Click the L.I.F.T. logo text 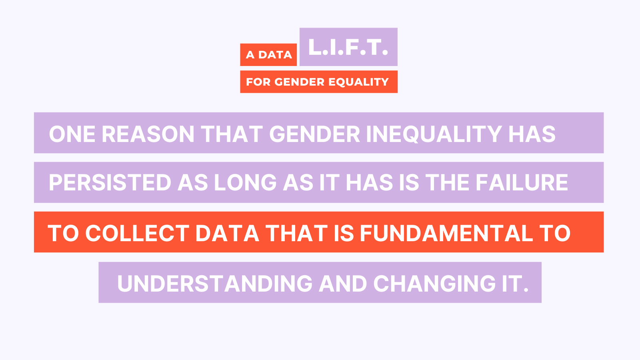click(348, 47)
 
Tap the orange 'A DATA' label click(268, 54)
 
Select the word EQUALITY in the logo click(358, 82)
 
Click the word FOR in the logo click(258, 82)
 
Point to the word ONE click(72, 134)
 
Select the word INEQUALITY click(434, 134)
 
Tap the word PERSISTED click(110, 182)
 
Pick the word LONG click(245, 182)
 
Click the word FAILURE click(522, 182)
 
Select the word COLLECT click(137, 233)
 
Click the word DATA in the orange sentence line click(227, 233)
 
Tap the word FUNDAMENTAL click(446, 233)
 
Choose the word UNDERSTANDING click(215, 284)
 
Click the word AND click(343, 284)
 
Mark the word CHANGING click(434, 284)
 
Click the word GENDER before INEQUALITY click(314, 134)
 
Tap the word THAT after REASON click(232, 134)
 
